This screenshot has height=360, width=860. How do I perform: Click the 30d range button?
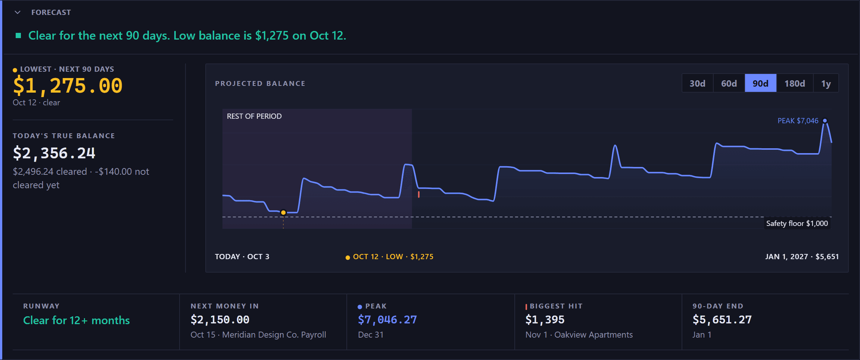697,83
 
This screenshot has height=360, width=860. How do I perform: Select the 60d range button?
729,83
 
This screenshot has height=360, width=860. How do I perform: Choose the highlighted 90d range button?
761,83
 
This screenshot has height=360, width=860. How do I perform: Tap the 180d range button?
795,83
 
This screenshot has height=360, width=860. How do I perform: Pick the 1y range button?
826,83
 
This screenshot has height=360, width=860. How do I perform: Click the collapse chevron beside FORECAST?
18,12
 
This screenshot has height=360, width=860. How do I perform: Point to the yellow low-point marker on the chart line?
283,212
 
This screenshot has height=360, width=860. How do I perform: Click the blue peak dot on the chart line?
825,121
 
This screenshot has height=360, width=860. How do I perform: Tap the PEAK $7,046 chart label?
798,121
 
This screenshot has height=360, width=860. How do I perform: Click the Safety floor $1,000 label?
797,223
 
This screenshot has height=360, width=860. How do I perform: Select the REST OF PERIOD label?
254,116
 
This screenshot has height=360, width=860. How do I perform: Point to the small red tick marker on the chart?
419,194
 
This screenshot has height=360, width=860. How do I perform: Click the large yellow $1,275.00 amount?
68,86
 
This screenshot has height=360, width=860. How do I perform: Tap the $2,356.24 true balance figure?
54,153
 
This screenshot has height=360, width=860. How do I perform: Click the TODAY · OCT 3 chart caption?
242,257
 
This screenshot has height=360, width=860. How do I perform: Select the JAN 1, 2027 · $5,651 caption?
802,257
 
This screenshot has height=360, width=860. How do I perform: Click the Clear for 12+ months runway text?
77,320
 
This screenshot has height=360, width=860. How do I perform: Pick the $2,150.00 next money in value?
220,320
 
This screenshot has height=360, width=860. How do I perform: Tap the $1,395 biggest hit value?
545,320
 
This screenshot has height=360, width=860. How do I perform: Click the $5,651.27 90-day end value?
722,320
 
